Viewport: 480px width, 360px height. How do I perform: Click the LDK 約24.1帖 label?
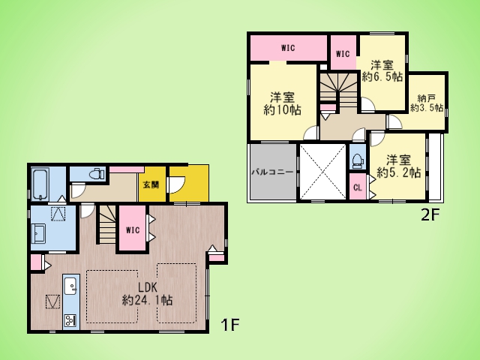click(147, 294)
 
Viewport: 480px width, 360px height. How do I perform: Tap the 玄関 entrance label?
click(151, 184)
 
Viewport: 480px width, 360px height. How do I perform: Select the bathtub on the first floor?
click(40, 184)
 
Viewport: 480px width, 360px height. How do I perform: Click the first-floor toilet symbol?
click(97, 174)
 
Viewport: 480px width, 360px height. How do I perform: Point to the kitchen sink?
click(70, 286)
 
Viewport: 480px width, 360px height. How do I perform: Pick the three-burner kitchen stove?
click(70, 321)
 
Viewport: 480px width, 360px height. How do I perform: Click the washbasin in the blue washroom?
click(38, 233)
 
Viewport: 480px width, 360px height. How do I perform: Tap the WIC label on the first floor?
click(133, 230)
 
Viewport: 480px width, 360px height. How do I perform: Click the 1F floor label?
click(229, 325)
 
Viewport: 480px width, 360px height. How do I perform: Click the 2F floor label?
click(430, 215)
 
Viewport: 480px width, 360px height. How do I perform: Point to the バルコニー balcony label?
click(272, 172)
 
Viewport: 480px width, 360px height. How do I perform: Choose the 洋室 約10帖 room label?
click(282, 104)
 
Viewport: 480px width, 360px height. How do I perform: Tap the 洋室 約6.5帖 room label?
click(382, 71)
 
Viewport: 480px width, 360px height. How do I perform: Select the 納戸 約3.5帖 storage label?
click(427, 103)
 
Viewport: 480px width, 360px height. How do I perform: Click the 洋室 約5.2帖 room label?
click(398, 166)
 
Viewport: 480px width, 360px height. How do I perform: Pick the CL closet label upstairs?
click(358, 187)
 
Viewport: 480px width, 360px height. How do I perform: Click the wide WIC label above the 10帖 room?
click(288, 48)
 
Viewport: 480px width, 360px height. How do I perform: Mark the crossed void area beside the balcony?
click(322, 172)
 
